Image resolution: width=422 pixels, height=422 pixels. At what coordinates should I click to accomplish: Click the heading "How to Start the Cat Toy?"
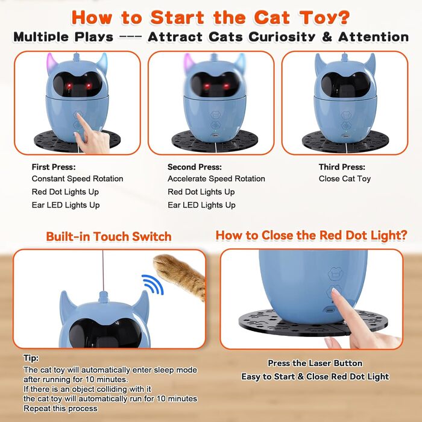(x=210, y=17)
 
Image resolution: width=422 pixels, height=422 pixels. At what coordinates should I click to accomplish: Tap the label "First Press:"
(x=54, y=167)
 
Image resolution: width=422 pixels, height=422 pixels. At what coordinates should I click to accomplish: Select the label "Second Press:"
(x=195, y=167)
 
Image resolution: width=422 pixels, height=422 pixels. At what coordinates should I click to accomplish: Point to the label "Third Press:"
(x=342, y=167)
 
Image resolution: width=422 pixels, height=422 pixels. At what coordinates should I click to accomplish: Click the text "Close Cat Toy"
(x=344, y=178)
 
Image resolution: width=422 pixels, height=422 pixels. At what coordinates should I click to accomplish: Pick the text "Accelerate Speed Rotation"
(x=216, y=178)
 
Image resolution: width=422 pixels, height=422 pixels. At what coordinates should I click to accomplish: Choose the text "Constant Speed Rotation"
(x=77, y=178)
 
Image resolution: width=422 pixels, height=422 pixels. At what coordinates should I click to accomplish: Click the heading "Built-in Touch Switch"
(x=109, y=236)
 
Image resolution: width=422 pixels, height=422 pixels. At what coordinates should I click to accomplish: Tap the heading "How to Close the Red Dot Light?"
(x=312, y=236)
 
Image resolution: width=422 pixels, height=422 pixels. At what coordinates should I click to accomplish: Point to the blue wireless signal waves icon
(x=153, y=284)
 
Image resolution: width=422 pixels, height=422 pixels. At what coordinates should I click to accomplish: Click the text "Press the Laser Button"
(x=315, y=364)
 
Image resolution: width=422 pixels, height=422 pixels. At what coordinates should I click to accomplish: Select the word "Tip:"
(x=31, y=358)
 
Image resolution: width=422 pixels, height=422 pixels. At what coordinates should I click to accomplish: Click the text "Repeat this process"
(x=60, y=409)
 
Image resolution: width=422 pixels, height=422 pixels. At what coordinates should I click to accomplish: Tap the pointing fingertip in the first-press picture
(x=78, y=116)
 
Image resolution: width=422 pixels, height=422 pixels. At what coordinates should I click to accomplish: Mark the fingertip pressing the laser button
(x=335, y=292)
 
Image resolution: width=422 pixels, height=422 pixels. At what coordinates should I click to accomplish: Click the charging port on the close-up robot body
(x=330, y=310)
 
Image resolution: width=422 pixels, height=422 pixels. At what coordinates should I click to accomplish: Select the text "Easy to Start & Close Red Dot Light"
(x=315, y=377)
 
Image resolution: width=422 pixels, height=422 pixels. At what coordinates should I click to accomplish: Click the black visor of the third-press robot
(x=346, y=85)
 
